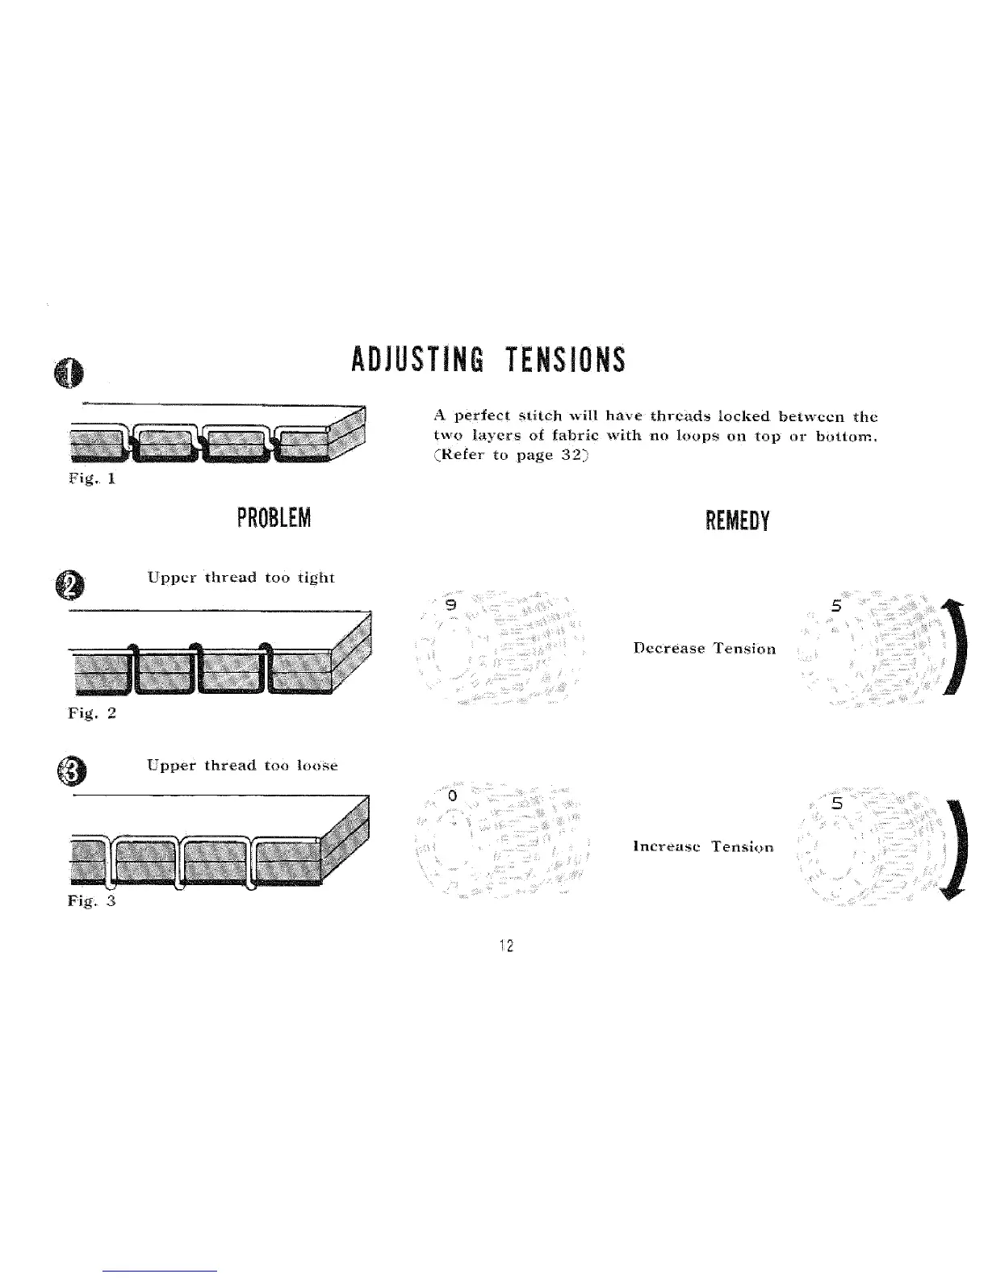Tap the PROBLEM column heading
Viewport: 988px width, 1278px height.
click(x=273, y=519)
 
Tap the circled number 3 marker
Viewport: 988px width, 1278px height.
click(x=73, y=773)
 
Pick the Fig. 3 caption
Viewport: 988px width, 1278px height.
click(x=92, y=901)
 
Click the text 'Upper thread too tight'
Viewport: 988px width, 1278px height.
click(x=241, y=578)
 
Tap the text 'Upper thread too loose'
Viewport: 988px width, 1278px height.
click(x=242, y=765)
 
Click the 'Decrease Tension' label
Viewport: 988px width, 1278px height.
click(x=705, y=648)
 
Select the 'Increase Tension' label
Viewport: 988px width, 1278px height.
click(x=703, y=846)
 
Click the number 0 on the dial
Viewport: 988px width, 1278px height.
click(x=453, y=796)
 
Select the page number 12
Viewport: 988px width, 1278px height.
click(x=506, y=946)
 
